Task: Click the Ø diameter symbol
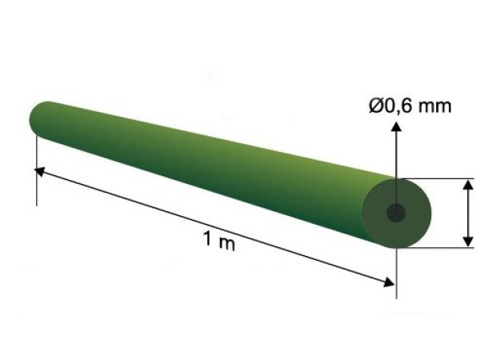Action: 376,106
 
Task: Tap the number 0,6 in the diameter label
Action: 398,106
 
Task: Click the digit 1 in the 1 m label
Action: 208,238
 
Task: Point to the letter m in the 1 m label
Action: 227,244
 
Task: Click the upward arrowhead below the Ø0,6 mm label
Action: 397,126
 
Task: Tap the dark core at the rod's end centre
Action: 396,213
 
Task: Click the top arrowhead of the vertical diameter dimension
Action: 468,186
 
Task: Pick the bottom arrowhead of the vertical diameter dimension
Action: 468,242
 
